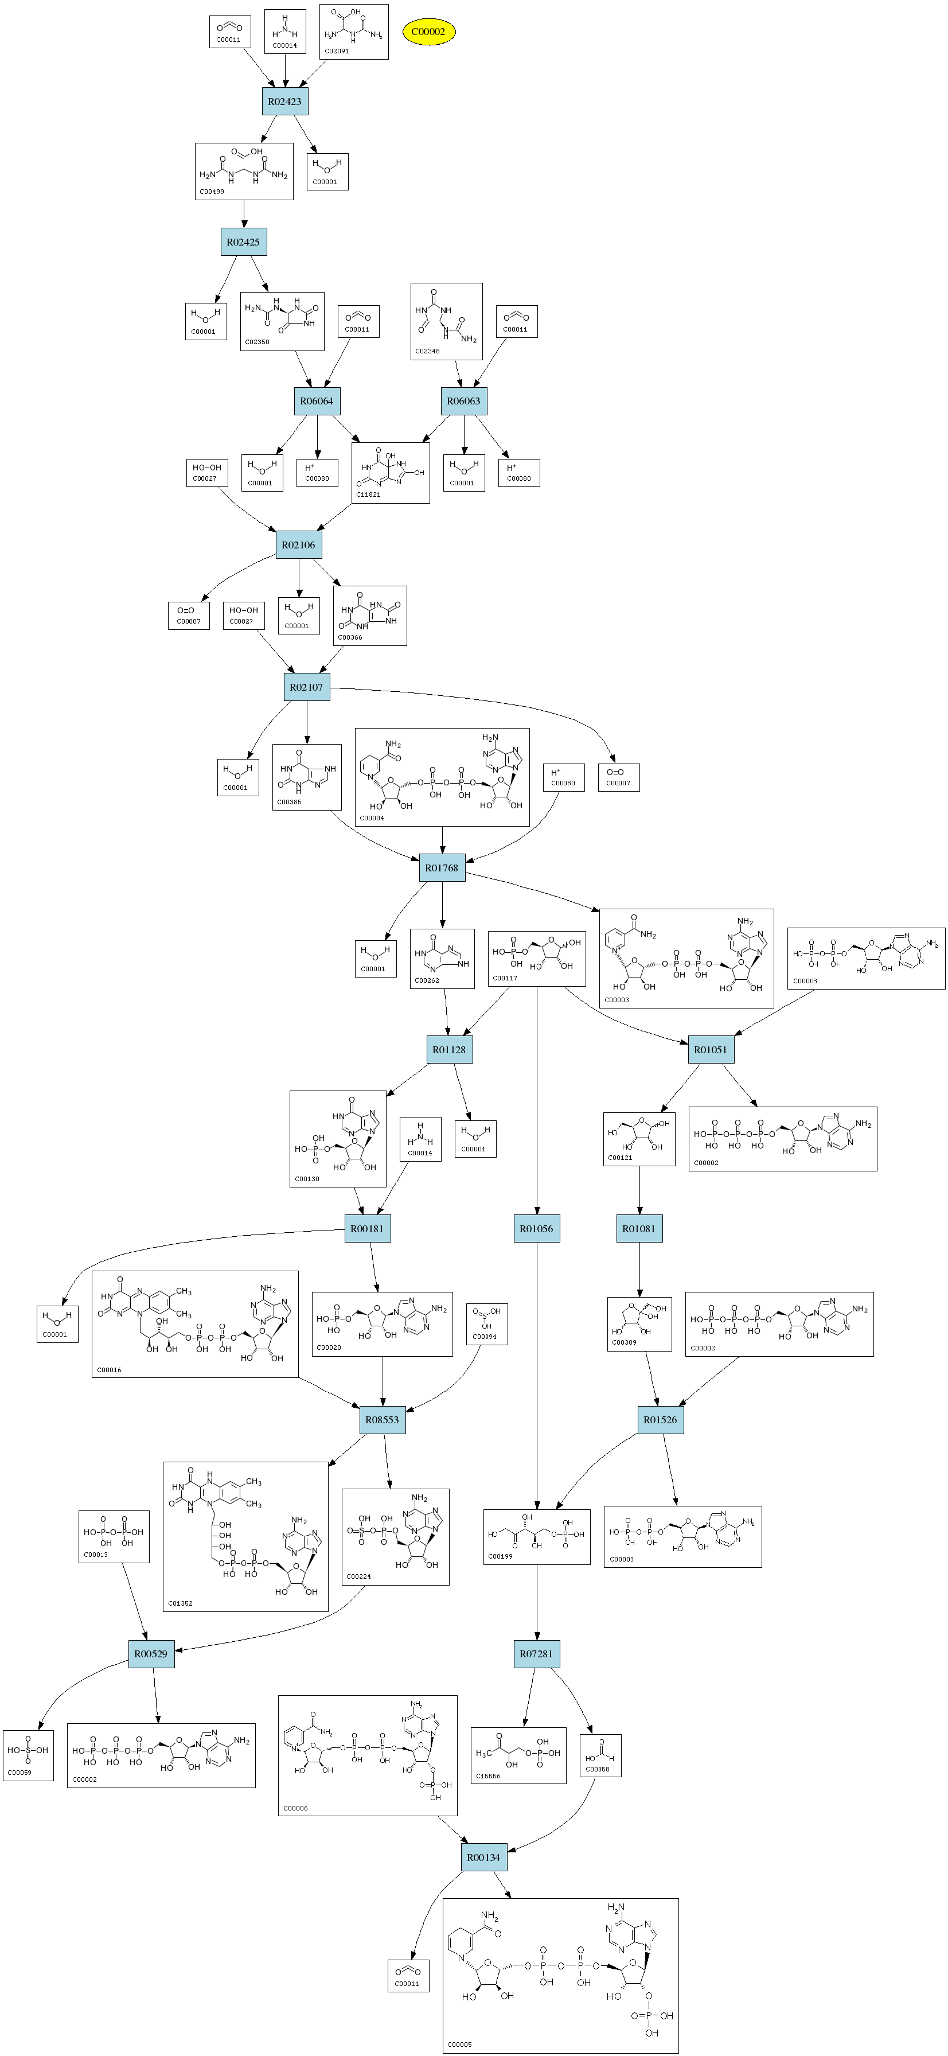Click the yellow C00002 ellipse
point(428,32)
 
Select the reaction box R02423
point(285,102)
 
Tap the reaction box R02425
point(243,242)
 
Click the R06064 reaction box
point(317,400)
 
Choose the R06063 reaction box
point(463,400)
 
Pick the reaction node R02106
point(298,545)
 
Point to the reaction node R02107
point(306,687)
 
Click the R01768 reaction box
point(442,867)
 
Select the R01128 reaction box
point(449,1050)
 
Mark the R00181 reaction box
point(367,1228)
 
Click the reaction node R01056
point(536,1228)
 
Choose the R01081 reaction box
point(639,1228)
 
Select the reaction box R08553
point(382,1420)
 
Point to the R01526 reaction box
point(661,1420)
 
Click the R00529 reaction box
point(151,1654)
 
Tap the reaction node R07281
point(536,1654)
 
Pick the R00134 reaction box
point(483,1858)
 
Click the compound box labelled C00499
point(244,171)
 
